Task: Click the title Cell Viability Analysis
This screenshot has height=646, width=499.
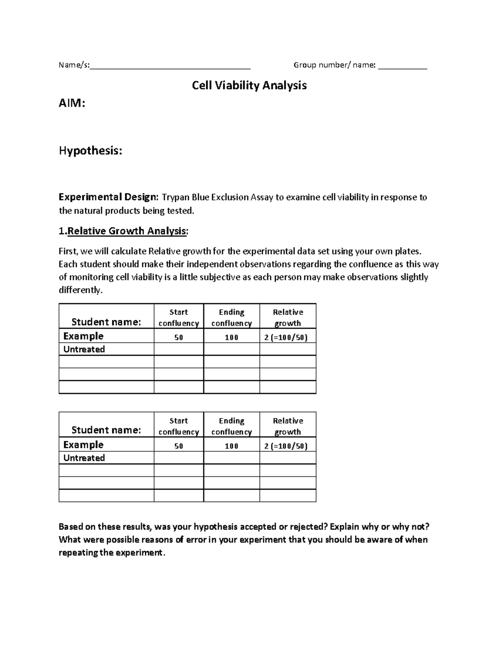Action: coord(249,86)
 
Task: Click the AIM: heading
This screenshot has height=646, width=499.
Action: coord(72,103)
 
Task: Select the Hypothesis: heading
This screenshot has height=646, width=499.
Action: coord(90,151)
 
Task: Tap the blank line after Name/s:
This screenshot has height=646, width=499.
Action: coord(170,65)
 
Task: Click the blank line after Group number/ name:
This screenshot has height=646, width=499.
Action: coord(402,65)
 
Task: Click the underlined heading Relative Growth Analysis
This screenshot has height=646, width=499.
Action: coord(127,231)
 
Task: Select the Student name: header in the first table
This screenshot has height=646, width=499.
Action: coord(106,322)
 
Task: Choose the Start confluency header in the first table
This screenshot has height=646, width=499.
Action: coord(179,317)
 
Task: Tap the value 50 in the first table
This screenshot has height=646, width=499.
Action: coord(179,337)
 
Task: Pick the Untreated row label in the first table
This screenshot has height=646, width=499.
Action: coord(84,349)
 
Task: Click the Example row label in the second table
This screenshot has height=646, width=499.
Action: coord(83,445)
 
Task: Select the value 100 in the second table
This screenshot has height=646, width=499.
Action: coord(232,446)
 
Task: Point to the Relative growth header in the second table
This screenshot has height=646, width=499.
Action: coord(288,426)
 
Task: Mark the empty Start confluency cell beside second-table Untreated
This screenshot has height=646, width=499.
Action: coord(179,458)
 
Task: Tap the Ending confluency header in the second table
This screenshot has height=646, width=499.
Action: coord(232,426)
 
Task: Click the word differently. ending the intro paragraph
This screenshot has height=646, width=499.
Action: coord(80,290)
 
